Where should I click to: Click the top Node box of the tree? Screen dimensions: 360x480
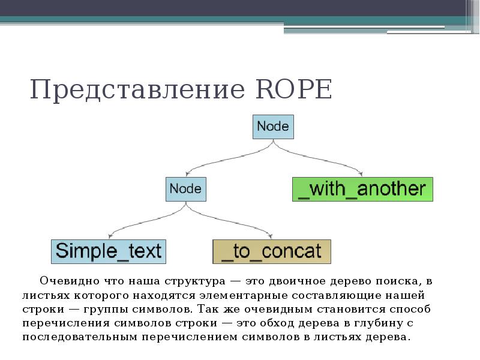pyautogui.click(x=273, y=127)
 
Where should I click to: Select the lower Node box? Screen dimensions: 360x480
pyautogui.click(x=185, y=188)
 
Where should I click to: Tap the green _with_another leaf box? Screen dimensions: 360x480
pyautogui.click(x=362, y=189)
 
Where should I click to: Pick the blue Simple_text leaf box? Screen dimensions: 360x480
pyautogui.click(x=108, y=251)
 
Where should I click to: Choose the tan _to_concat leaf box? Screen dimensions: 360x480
pyautogui.click(x=271, y=251)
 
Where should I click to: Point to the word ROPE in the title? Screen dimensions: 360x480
pyautogui.click(x=293, y=90)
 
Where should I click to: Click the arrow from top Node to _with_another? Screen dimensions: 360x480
pyautogui.click(x=324, y=158)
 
